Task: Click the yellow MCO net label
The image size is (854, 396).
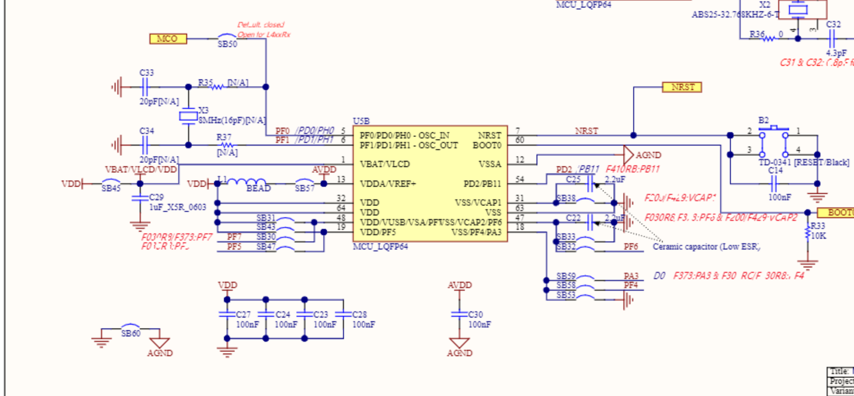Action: [168, 39]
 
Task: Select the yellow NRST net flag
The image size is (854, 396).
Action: [682, 87]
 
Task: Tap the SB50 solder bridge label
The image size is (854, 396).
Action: [227, 44]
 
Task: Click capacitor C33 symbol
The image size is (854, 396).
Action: [145, 87]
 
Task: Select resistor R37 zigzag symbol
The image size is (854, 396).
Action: [227, 145]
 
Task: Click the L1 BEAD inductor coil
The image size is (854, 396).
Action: [247, 182]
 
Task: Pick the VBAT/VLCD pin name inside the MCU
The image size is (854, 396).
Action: [384, 164]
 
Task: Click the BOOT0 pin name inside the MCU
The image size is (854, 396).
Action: [487, 146]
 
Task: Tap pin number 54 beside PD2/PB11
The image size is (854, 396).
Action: [519, 179]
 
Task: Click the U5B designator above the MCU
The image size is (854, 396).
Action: [361, 121]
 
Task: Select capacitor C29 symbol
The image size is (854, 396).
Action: [140, 198]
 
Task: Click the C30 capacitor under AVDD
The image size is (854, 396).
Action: [459, 314]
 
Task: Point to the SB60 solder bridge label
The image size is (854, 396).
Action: [131, 333]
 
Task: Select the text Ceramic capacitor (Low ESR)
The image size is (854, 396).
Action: [706, 246]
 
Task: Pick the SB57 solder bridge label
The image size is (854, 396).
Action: [305, 189]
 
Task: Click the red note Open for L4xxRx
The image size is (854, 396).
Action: [264, 34]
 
